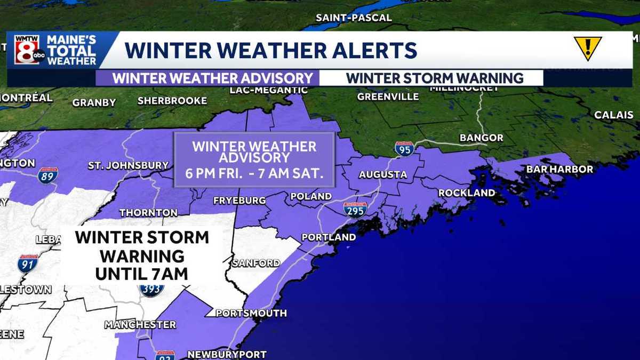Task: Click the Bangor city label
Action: (x=481, y=138)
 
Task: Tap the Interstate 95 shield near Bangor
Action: (x=404, y=149)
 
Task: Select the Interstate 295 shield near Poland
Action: (x=355, y=210)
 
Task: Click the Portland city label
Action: (x=329, y=237)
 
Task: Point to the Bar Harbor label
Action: (x=559, y=169)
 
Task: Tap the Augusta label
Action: (x=382, y=174)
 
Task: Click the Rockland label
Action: (x=467, y=193)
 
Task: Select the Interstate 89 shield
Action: (x=47, y=175)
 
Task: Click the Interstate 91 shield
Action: (x=27, y=263)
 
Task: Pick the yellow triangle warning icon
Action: (x=588, y=47)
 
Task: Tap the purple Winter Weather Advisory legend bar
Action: (x=212, y=78)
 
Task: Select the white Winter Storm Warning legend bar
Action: (x=434, y=78)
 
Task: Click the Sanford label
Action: (x=256, y=263)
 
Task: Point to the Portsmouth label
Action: (x=251, y=313)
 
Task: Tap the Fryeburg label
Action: (x=239, y=201)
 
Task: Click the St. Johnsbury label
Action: (x=128, y=166)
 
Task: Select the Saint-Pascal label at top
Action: (x=354, y=18)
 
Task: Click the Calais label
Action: (x=614, y=115)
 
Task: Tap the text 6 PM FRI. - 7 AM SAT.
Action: (x=254, y=174)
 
